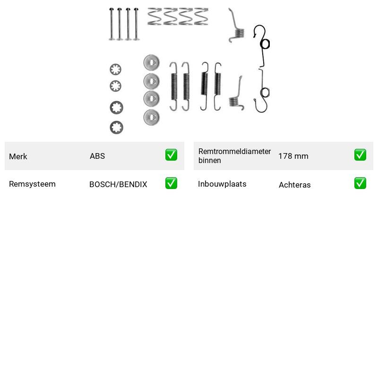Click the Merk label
[18, 156]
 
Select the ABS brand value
[97, 156]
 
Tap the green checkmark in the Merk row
[171, 155]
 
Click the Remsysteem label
[32, 184]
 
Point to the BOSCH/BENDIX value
[118, 184]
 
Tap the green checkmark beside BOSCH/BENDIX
[171, 183]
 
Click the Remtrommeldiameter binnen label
[234, 156]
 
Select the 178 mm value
[293, 156]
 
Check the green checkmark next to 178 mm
[360, 155]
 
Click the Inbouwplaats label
[222, 184]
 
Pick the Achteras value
[294, 185]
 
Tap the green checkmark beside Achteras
[360, 183]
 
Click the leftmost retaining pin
[112, 24]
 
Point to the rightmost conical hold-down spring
[201, 17]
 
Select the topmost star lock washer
[115, 69]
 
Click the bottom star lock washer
[116, 128]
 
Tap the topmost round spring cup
[151, 62]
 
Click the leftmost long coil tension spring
[174, 86]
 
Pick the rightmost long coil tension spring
[217, 86]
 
